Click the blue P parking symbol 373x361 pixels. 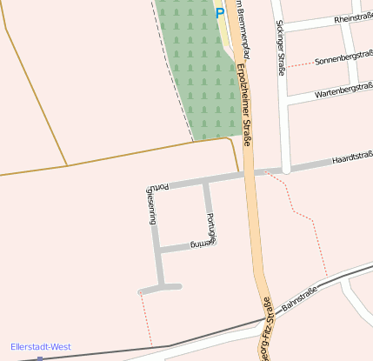pyautogui.click(x=219, y=13)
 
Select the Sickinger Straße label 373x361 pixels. pyautogui.click(x=280, y=48)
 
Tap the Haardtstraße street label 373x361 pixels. pyautogui.click(x=352, y=159)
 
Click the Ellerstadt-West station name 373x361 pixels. pyautogui.click(x=41, y=346)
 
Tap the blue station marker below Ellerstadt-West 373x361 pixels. pyautogui.click(x=40, y=358)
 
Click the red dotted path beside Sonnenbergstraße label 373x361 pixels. pyautogui.click(x=300, y=64)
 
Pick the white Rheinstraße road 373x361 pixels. pyautogui.click(x=313, y=23)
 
